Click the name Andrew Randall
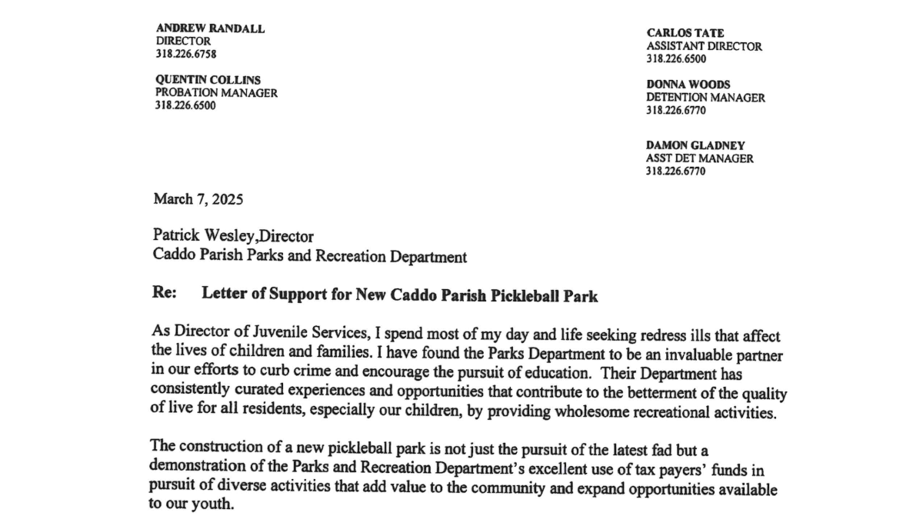click(x=210, y=28)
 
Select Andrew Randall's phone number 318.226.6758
click(x=185, y=54)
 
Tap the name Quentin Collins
click(x=208, y=80)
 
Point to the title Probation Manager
click(x=216, y=93)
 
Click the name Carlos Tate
click(x=685, y=33)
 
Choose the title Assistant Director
click(x=704, y=46)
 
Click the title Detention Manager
click(x=705, y=98)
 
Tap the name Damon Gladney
click(x=695, y=145)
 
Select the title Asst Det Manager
click(x=699, y=158)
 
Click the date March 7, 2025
click(x=198, y=199)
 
